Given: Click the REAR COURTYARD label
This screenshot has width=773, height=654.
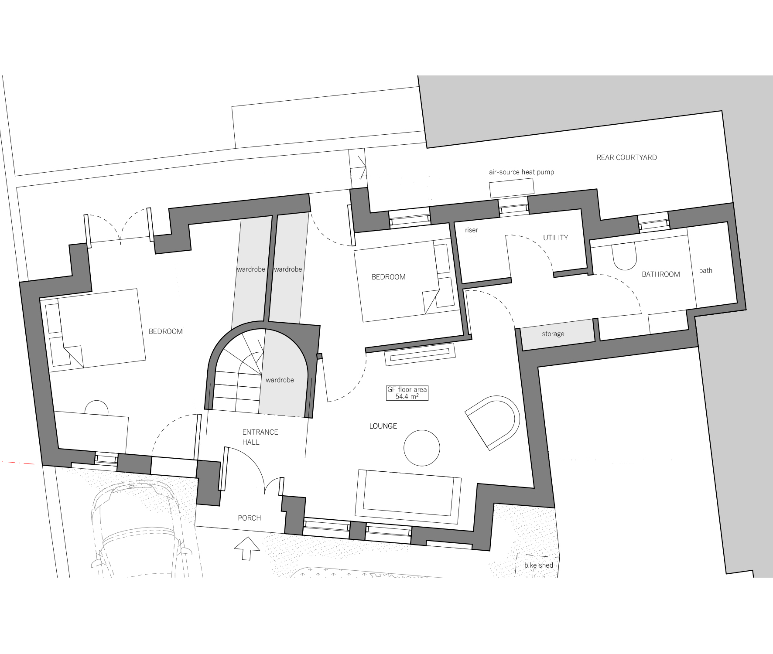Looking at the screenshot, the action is coord(626,157).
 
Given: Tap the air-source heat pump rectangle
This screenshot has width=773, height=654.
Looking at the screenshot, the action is coord(512,187).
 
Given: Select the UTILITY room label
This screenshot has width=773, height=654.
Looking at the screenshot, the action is coord(555,238).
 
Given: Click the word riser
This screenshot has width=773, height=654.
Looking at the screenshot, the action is coord(472,230).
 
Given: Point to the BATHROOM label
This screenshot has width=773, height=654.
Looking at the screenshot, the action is coord(661,274).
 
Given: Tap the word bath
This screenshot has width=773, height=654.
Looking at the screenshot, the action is coord(705,270).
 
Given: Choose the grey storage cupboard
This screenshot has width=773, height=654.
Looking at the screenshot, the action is coord(558,334).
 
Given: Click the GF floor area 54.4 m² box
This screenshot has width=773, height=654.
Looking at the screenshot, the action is coord(407,393).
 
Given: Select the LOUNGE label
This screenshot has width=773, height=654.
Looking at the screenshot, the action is coord(383,426).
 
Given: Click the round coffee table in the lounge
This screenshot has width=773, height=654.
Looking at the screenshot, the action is coord(422,448).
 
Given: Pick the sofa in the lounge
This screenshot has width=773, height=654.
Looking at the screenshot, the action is coord(408,496).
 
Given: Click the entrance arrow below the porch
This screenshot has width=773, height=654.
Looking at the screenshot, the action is coord(247,548).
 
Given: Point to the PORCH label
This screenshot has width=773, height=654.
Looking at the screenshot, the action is coord(249,518).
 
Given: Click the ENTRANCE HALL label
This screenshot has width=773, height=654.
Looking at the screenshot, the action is coord(260,437).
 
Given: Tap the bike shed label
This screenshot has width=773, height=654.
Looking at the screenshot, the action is coord(539,565).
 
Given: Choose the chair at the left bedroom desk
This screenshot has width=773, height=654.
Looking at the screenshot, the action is coord(96,408).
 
